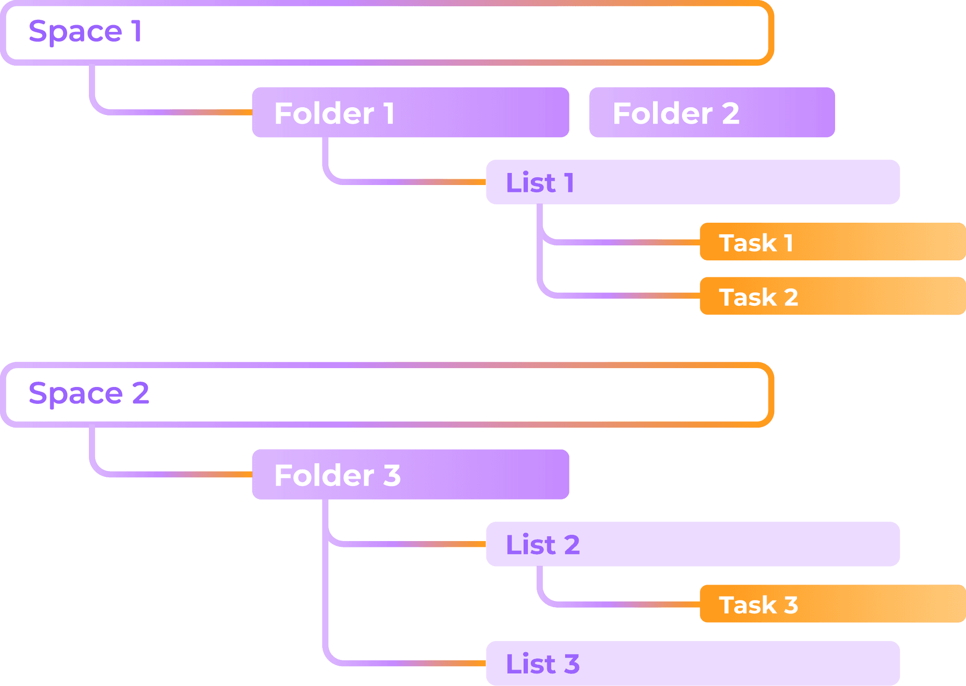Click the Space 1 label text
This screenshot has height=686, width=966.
click(x=85, y=31)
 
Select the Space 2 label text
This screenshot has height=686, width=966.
click(x=89, y=393)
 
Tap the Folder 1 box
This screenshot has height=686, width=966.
click(x=411, y=113)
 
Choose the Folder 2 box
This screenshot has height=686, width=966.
click(x=712, y=113)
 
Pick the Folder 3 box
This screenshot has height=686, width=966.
click(x=411, y=474)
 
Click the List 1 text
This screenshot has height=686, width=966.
click(x=540, y=183)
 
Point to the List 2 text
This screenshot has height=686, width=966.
click(x=543, y=544)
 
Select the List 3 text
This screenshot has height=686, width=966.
click(x=543, y=664)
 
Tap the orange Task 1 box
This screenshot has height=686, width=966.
click(x=833, y=242)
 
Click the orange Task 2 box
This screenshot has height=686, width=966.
click(x=833, y=296)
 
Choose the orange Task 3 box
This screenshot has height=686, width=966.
click(x=833, y=604)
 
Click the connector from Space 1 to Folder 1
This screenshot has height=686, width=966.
click(x=169, y=113)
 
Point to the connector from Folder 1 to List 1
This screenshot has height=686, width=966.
click(x=406, y=182)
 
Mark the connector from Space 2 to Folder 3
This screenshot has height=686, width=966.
click(x=169, y=474)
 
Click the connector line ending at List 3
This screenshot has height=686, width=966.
click(x=406, y=663)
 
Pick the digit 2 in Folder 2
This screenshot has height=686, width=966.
click(x=730, y=114)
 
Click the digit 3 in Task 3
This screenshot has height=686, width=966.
click(x=791, y=605)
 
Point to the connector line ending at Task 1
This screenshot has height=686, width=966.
click(x=623, y=242)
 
